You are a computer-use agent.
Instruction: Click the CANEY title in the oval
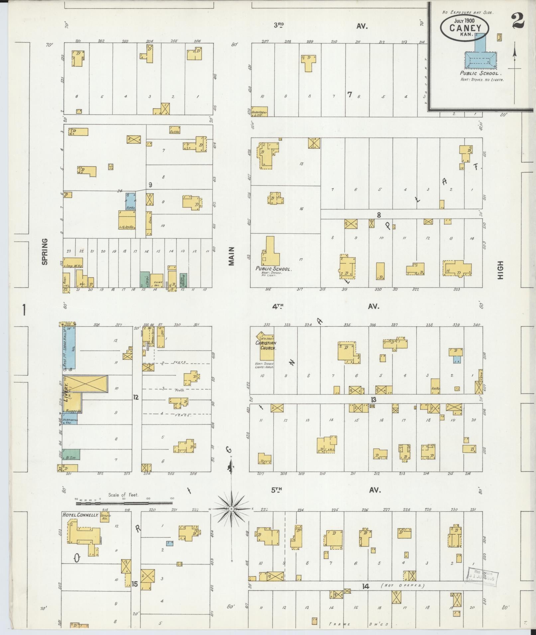pyautogui.click(x=465, y=28)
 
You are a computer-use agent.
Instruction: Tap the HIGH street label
pyautogui.click(x=500, y=270)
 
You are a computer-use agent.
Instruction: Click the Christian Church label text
pyautogui.click(x=266, y=346)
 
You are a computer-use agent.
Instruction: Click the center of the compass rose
pyautogui.click(x=231, y=518)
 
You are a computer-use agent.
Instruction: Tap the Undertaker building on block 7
pyautogui.click(x=259, y=112)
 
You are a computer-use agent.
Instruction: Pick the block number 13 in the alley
pyautogui.click(x=374, y=399)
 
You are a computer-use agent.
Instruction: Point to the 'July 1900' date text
pyautogui.click(x=465, y=20)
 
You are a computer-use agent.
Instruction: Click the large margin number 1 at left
pyautogui.click(x=24, y=311)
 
